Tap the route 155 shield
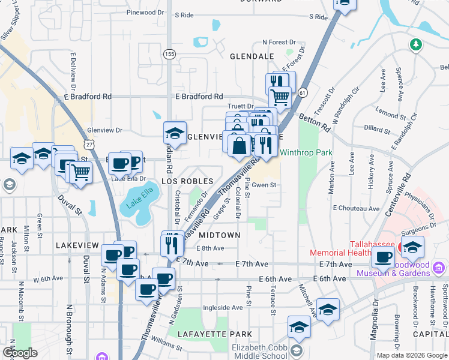click(170, 54)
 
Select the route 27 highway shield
click(89, 145)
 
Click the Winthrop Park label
click(307, 153)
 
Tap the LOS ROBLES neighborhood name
click(187, 181)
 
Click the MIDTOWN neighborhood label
click(219, 235)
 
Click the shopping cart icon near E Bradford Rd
click(280, 95)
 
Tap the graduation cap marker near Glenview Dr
click(175, 132)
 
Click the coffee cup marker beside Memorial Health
click(384, 257)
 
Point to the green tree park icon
click(415, 44)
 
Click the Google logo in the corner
click(20, 353)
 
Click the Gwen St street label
click(264, 185)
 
